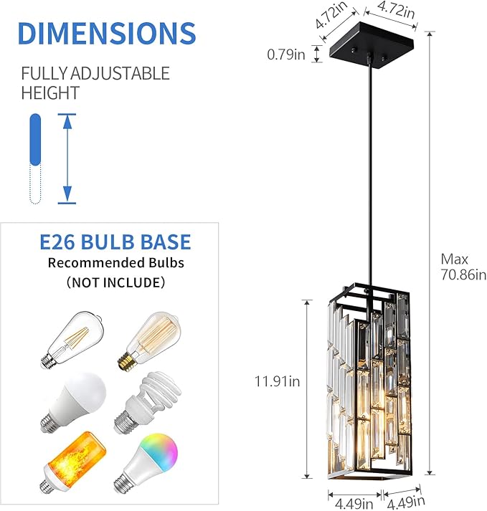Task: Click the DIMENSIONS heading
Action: pos(106,34)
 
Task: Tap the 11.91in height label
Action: pos(277,381)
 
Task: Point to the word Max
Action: pos(453,258)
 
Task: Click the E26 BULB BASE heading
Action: pos(115,242)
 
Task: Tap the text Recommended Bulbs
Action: pos(115,263)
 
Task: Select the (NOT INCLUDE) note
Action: pos(115,282)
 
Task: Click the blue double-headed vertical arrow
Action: pos(67,158)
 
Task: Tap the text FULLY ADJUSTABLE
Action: pos(95,73)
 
